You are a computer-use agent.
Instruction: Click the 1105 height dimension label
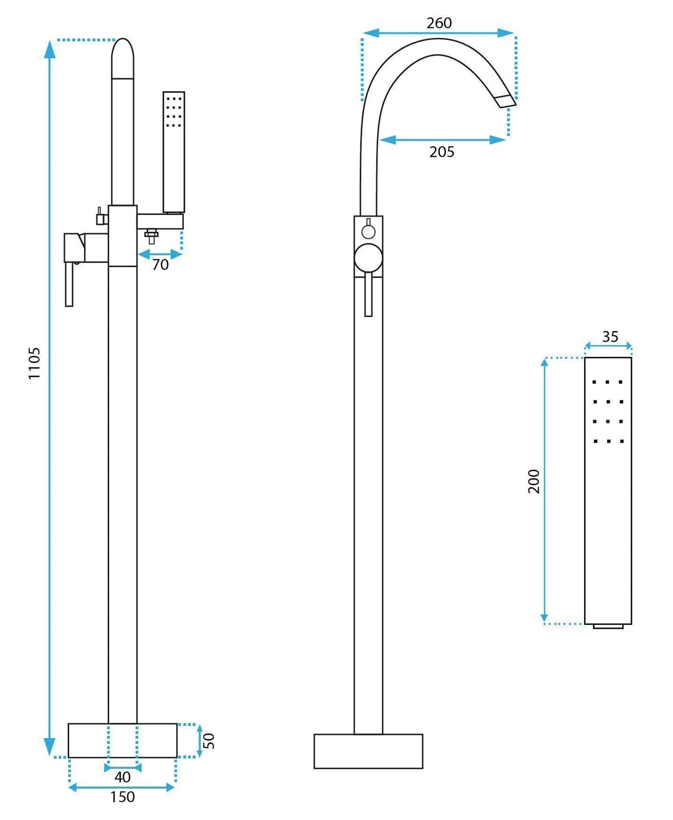(x=34, y=363)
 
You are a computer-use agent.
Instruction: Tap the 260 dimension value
(x=439, y=23)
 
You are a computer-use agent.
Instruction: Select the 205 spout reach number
(x=442, y=152)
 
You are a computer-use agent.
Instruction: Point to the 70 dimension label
(x=160, y=264)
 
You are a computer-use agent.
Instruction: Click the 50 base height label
(x=210, y=740)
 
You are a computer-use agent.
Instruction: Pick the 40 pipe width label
(x=122, y=777)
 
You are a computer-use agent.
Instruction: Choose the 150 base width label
(x=122, y=797)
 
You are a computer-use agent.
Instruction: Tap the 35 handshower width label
(x=610, y=337)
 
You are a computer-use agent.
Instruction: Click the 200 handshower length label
(x=534, y=481)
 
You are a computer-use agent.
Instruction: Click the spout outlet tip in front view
(x=506, y=101)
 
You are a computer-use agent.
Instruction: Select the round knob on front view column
(x=368, y=258)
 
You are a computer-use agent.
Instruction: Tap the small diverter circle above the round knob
(x=368, y=231)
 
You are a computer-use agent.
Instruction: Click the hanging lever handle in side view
(x=69, y=284)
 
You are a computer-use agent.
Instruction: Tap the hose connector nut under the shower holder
(x=151, y=235)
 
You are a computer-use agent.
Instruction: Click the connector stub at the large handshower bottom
(x=608, y=626)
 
